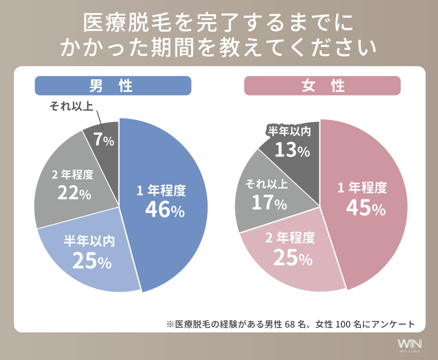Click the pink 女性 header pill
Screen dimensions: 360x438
[x=322, y=86]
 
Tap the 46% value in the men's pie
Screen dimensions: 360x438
[x=164, y=210]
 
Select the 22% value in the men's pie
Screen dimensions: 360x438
[x=74, y=193]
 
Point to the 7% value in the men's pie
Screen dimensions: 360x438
[x=104, y=140]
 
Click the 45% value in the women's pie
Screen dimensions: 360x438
[x=365, y=208]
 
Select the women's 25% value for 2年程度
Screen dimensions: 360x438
[x=292, y=258]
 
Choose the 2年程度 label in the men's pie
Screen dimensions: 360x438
[x=73, y=175]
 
